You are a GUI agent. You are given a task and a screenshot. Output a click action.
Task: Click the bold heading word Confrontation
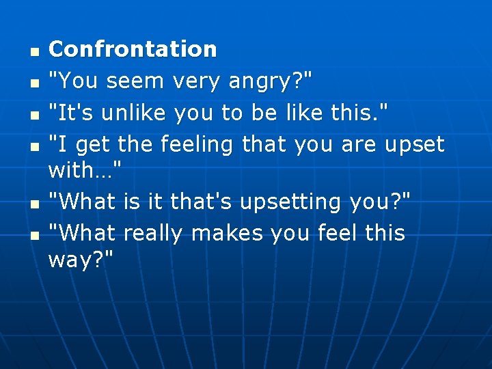tap(133, 49)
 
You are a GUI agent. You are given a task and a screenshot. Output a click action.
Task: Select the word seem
tap(135, 81)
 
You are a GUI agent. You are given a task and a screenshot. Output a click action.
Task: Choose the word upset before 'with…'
tap(415, 145)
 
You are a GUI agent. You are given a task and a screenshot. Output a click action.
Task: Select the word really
tap(154, 234)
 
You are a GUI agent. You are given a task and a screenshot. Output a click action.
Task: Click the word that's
tap(200, 202)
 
